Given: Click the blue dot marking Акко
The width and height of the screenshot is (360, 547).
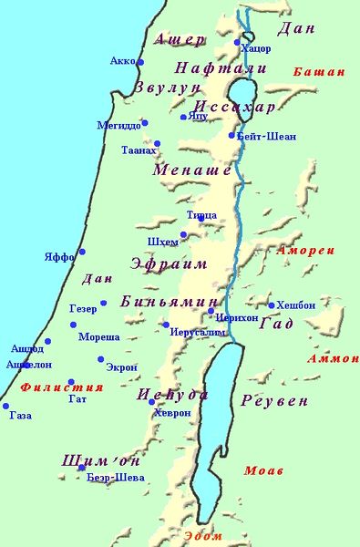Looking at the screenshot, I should [x=140, y=62].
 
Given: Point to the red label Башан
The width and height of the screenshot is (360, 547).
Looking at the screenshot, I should [x=319, y=71].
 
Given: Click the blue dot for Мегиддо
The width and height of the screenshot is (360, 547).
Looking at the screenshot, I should [x=144, y=122].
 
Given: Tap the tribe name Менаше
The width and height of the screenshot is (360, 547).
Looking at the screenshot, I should [x=191, y=170].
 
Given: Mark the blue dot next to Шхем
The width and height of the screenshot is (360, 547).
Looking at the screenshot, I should [x=183, y=234].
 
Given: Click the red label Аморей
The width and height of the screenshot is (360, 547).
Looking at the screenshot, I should [x=306, y=249].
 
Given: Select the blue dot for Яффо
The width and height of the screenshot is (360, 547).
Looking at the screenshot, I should [x=82, y=252].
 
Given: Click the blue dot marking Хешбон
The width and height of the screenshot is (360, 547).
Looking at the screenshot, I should [x=272, y=305].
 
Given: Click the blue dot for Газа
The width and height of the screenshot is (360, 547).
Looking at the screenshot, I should [x=5, y=407].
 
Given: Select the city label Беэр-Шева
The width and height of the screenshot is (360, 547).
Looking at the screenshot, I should [x=115, y=477].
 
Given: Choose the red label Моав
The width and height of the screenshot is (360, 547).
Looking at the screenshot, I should [x=263, y=470].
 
